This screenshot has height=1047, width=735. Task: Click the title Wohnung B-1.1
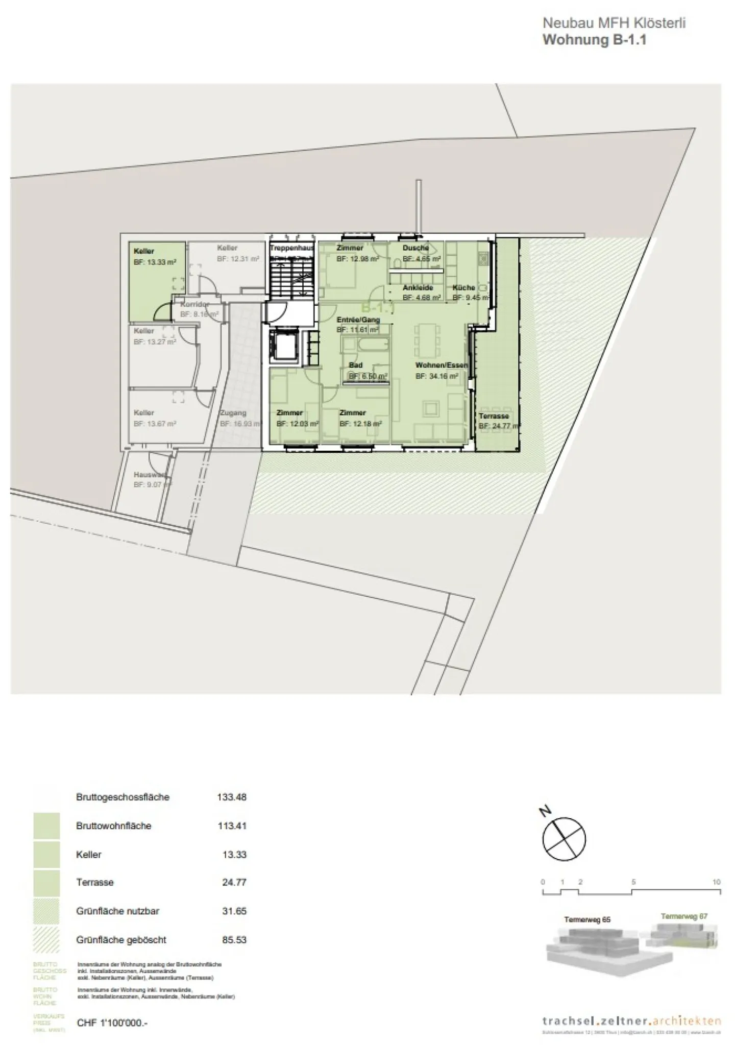pos(595,40)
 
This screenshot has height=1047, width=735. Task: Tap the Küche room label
pos(463,288)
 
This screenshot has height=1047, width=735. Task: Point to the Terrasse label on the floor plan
pos(494,416)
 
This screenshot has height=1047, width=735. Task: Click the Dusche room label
pos(415,248)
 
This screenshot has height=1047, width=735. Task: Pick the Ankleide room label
pos(418,288)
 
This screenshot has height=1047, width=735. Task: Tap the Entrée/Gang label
pos(358,320)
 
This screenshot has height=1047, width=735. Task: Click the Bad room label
pos(356,365)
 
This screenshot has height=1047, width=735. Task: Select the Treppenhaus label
pos(291,248)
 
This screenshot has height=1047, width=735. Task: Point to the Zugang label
pos(233,413)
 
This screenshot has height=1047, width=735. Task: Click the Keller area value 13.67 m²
pos(155,424)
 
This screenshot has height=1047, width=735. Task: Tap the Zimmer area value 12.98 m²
pos(357,259)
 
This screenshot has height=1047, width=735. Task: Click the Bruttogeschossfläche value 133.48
pos(232,797)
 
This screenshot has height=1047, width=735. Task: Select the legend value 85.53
pos(234,939)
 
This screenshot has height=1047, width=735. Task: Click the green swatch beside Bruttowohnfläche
pos(46,826)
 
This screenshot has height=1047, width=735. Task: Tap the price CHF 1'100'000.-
pos(112,1023)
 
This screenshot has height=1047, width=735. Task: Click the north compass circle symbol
pos(563,839)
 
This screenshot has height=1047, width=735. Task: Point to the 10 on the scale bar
pos(717,882)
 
